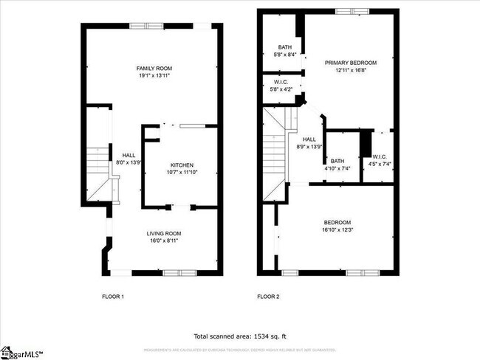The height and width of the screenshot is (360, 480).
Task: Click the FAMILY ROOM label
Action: (x=154, y=69)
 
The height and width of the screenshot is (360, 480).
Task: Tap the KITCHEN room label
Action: (x=183, y=165)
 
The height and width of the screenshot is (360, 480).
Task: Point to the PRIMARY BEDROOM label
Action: (x=351, y=63)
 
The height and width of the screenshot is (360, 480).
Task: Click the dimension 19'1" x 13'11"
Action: (x=154, y=76)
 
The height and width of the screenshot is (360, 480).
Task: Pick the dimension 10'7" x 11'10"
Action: (x=183, y=172)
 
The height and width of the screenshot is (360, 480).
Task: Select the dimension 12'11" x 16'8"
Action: (x=351, y=71)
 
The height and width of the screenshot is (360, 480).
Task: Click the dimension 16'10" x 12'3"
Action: (x=337, y=230)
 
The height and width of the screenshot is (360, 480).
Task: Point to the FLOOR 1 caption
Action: (x=113, y=297)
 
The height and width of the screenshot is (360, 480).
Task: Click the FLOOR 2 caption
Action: (x=268, y=297)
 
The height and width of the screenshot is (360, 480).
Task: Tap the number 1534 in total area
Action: (x=261, y=335)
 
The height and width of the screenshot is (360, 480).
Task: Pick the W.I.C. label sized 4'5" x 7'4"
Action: (x=380, y=156)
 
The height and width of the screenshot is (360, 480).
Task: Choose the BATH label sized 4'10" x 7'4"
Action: (x=337, y=161)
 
